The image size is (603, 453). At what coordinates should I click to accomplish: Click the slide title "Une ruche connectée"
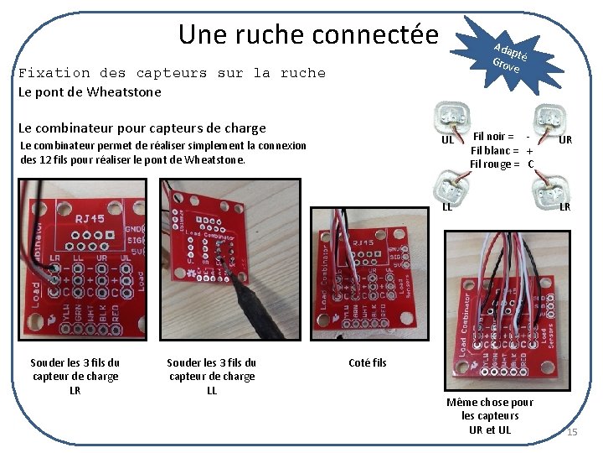[308, 35]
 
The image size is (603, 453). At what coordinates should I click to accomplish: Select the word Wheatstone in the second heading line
[125, 91]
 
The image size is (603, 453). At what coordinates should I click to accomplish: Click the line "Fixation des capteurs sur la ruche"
[172, 73]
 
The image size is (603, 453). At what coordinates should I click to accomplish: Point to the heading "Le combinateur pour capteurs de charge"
[142, 128]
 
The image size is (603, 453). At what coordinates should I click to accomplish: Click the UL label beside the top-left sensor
[447, 140]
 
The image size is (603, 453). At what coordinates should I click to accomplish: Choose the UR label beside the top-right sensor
[565, 140]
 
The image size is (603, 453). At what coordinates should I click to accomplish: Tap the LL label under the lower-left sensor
[447, 207]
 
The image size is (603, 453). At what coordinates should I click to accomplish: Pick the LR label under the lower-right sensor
[565, 207]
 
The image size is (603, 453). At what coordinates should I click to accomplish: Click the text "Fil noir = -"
[501, 135]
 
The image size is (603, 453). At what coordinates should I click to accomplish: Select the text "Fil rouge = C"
[501, 164]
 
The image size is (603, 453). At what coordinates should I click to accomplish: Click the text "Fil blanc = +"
[501, 149]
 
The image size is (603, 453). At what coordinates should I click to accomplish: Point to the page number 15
[572, 432]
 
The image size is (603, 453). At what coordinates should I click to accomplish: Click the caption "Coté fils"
[367, 362]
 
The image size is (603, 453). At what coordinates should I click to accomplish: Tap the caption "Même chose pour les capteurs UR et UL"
[497, 416]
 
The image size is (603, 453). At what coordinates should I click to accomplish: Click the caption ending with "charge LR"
[75, 377]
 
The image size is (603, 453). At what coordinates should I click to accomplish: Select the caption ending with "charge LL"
[212, 377]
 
